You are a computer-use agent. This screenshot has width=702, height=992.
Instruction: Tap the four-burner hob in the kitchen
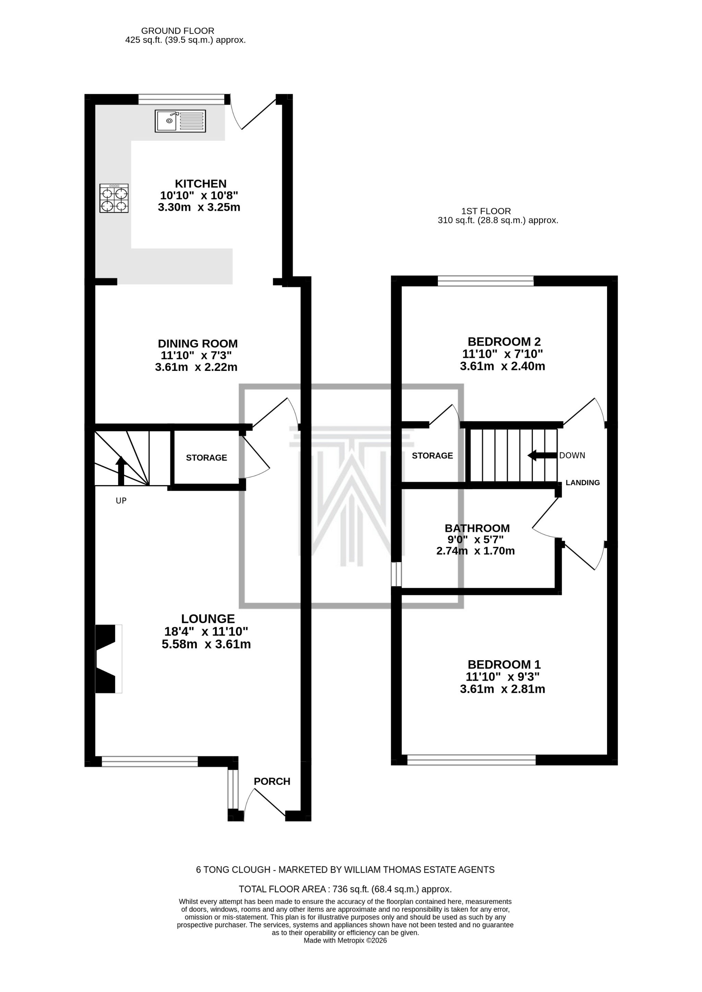[114, 198]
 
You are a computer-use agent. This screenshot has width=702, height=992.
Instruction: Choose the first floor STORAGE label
[432, 455]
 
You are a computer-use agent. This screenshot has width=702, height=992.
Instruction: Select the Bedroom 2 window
[486, 281]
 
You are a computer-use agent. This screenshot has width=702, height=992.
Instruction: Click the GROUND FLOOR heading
[178, 31]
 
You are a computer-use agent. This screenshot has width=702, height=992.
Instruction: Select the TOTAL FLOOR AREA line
[345, 889]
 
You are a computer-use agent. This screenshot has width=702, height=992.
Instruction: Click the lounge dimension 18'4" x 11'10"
[206, 631]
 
